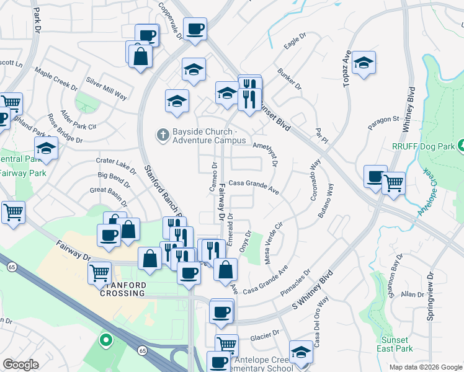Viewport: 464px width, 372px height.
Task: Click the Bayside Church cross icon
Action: [163, 135]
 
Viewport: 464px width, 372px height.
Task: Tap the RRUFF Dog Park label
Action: [422, 146]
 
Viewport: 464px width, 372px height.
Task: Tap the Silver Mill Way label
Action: [107, 88]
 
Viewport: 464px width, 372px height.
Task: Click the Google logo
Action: [21, 364]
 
